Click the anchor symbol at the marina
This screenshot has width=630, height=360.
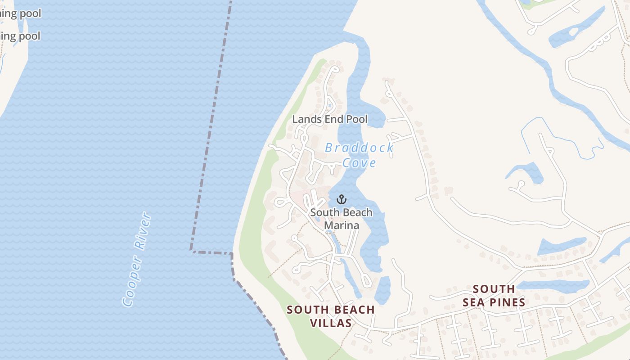pos(342,199)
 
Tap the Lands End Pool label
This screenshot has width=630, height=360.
pos(330,119)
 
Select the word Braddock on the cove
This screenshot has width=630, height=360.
pos(359,148)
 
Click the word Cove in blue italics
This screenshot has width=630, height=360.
pos(359,162)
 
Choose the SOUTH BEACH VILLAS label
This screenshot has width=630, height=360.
pos(331,316)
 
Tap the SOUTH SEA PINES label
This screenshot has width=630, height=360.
pos(494,296)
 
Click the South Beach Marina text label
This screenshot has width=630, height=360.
pos(342,219)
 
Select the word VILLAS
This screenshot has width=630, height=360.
pos(331,323)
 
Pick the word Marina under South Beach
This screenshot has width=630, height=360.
pos(342,225)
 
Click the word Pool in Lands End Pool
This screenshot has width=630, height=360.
pos(356,119)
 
